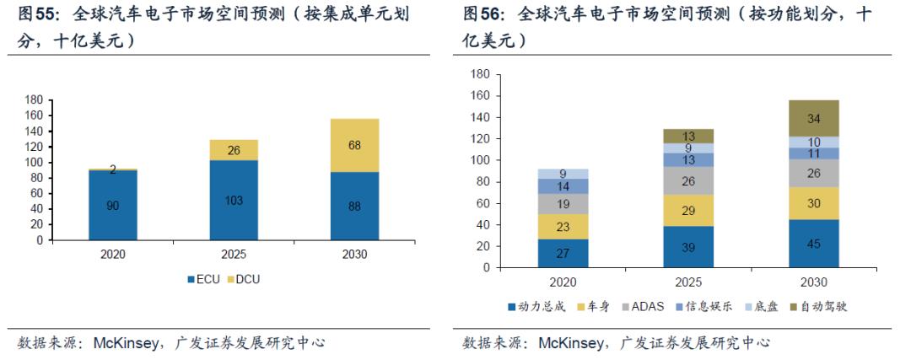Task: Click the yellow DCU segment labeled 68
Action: (355, 145)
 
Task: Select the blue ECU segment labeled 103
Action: (234, 200)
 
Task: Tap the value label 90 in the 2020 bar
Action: (113, 205)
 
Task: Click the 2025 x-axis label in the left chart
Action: (234, 254)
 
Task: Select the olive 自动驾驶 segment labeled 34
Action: (814, 118)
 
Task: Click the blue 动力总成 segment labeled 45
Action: (814, 244)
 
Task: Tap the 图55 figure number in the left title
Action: (36, 15)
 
